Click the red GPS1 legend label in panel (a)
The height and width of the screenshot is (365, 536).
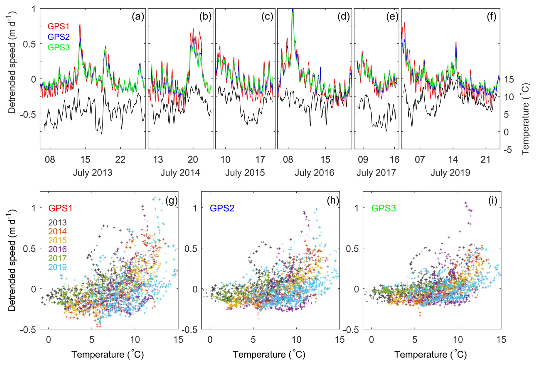click(58, 26)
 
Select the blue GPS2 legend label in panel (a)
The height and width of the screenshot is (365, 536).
click(58, 37)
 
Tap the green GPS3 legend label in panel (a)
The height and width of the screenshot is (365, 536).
click(58, 47)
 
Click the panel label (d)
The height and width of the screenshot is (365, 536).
click(343, 17)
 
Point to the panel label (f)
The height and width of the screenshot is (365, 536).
click(492, 17)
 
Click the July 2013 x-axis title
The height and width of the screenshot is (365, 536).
click(92, 173)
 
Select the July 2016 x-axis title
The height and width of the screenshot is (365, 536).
click(314, 173)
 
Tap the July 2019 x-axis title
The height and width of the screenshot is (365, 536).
click(450, 173)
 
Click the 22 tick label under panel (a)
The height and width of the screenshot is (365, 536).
click(120, 160)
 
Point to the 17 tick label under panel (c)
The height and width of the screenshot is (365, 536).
click(260, 160)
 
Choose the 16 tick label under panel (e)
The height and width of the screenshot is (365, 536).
click(394, 160)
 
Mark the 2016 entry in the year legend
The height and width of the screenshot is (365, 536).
click(58, 249)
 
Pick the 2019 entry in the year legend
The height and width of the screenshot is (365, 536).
click(58, 267)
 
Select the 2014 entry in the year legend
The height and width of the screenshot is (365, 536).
click(58, 232)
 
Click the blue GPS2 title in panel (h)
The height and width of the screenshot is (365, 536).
click(222, 208)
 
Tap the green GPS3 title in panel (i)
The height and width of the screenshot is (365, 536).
click(383, 208)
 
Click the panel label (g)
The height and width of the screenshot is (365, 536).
click(171, 201)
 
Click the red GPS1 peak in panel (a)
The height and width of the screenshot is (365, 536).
click(80, 25)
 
